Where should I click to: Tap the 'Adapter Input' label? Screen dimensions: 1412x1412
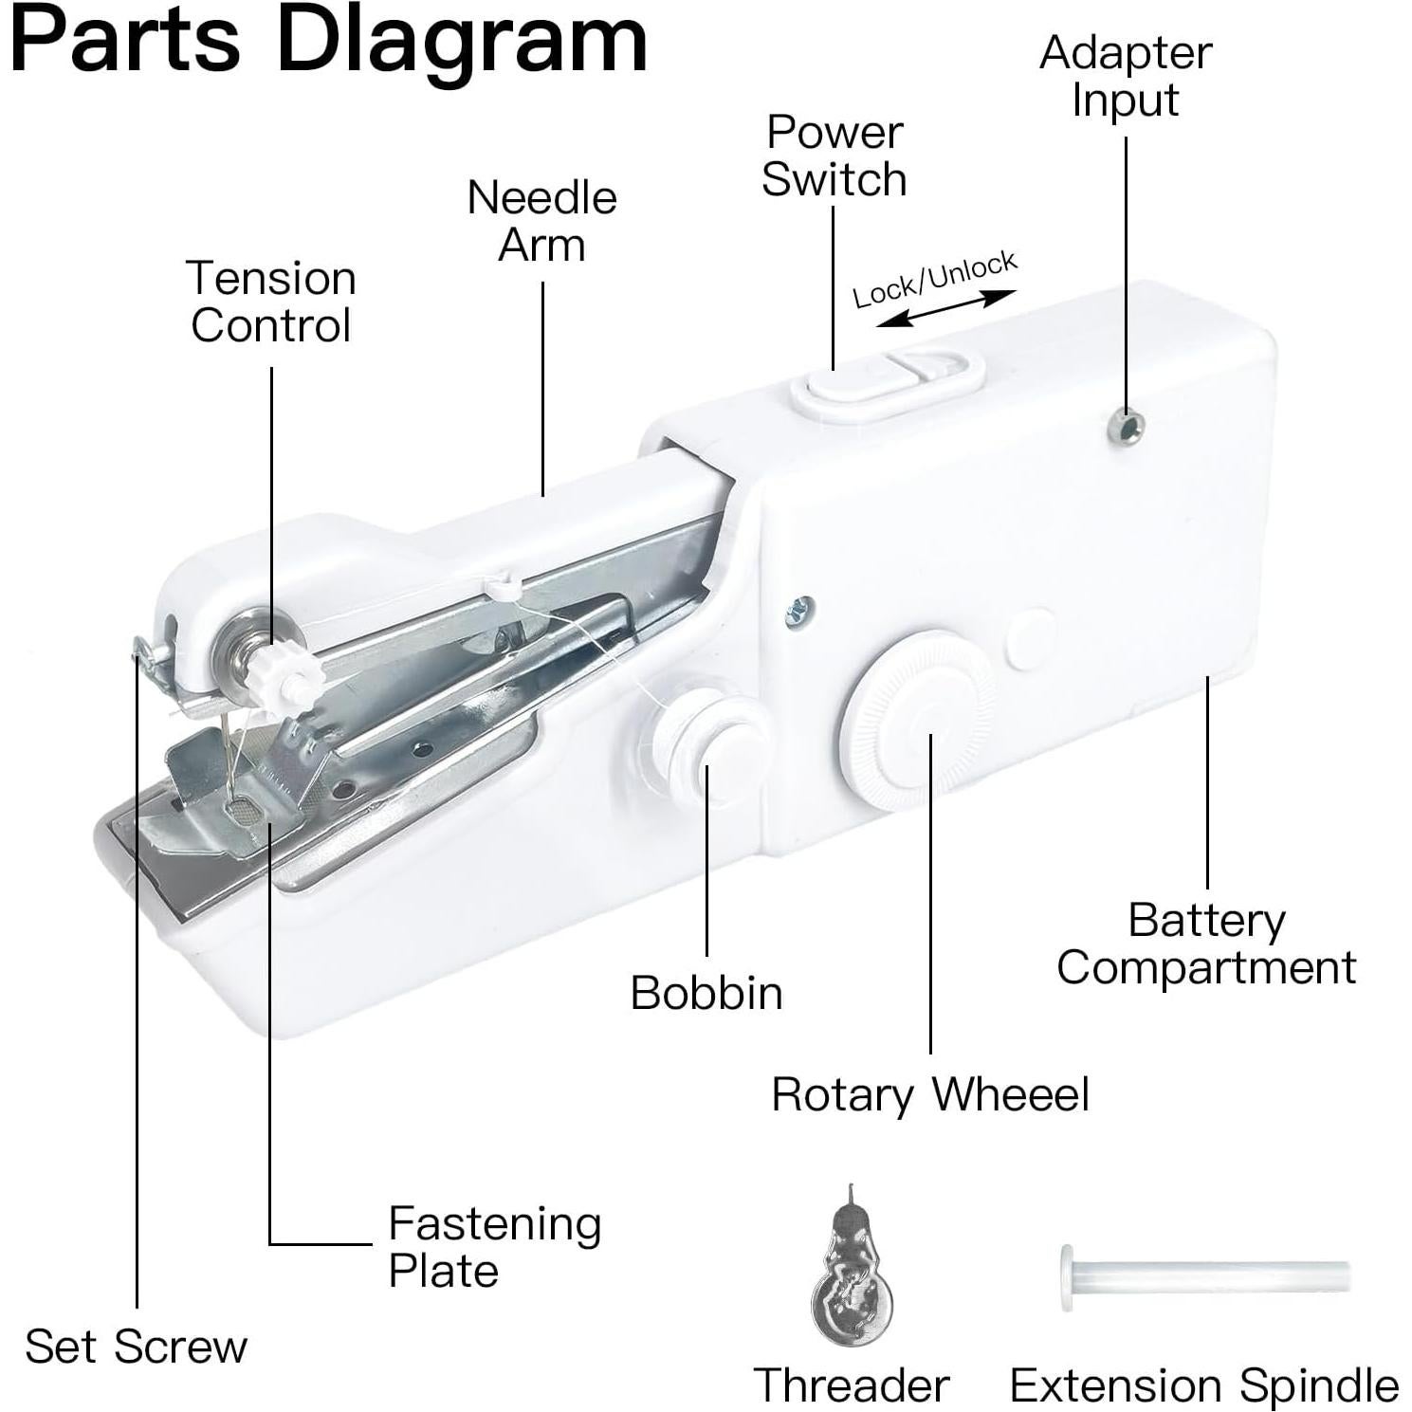(1126, 76)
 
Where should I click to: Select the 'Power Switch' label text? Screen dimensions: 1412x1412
(834, 156)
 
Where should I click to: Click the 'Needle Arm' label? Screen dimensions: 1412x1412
(542, 221)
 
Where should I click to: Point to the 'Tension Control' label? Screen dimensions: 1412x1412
(271, 302)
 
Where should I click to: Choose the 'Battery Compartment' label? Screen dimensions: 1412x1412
(1206, 944)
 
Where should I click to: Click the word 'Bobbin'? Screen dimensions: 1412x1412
(706, 993)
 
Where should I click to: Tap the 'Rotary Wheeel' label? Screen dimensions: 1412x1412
(930, 1094)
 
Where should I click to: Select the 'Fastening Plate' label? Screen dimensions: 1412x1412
(494, 1247)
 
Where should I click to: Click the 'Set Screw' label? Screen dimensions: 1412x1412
(137, 1346)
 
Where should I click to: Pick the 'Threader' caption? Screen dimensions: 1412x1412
(852, 1385)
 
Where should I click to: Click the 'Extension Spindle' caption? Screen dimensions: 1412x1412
(1204, 1385)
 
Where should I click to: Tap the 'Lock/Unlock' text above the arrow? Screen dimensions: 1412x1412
(934, 280)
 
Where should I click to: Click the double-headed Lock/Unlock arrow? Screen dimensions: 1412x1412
(945, 310)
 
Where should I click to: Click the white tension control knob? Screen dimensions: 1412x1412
(287, 680)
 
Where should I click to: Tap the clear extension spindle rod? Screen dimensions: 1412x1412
(1204, 1276)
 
